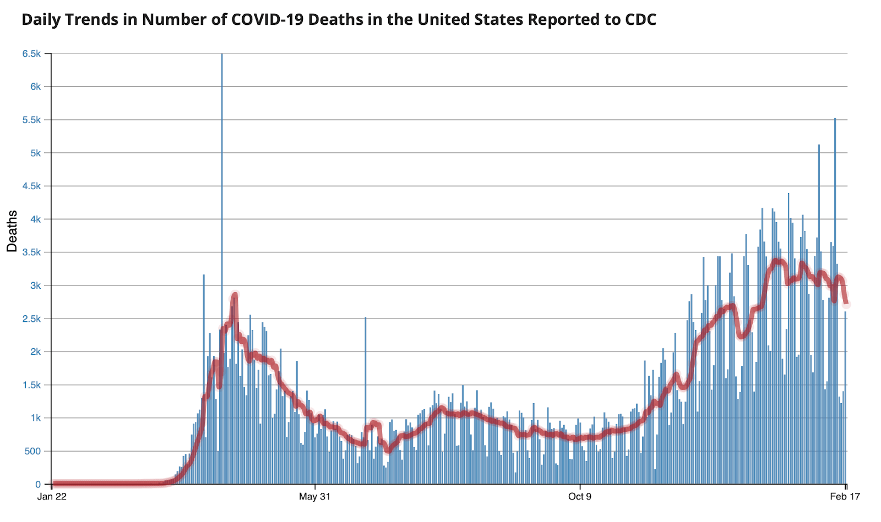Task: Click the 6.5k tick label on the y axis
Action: [31, 54]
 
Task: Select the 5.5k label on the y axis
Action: [31, 120]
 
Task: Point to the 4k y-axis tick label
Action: [35, 219]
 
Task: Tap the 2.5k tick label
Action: [31, 319]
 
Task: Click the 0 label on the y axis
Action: [38, 485]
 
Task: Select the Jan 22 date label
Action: [52, 497]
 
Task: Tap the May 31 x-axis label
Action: [314, 497]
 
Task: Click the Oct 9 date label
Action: [580, 497]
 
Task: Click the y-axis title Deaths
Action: [12, 231]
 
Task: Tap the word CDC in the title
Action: [640, 20]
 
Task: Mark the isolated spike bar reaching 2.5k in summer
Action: [365, 385]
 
